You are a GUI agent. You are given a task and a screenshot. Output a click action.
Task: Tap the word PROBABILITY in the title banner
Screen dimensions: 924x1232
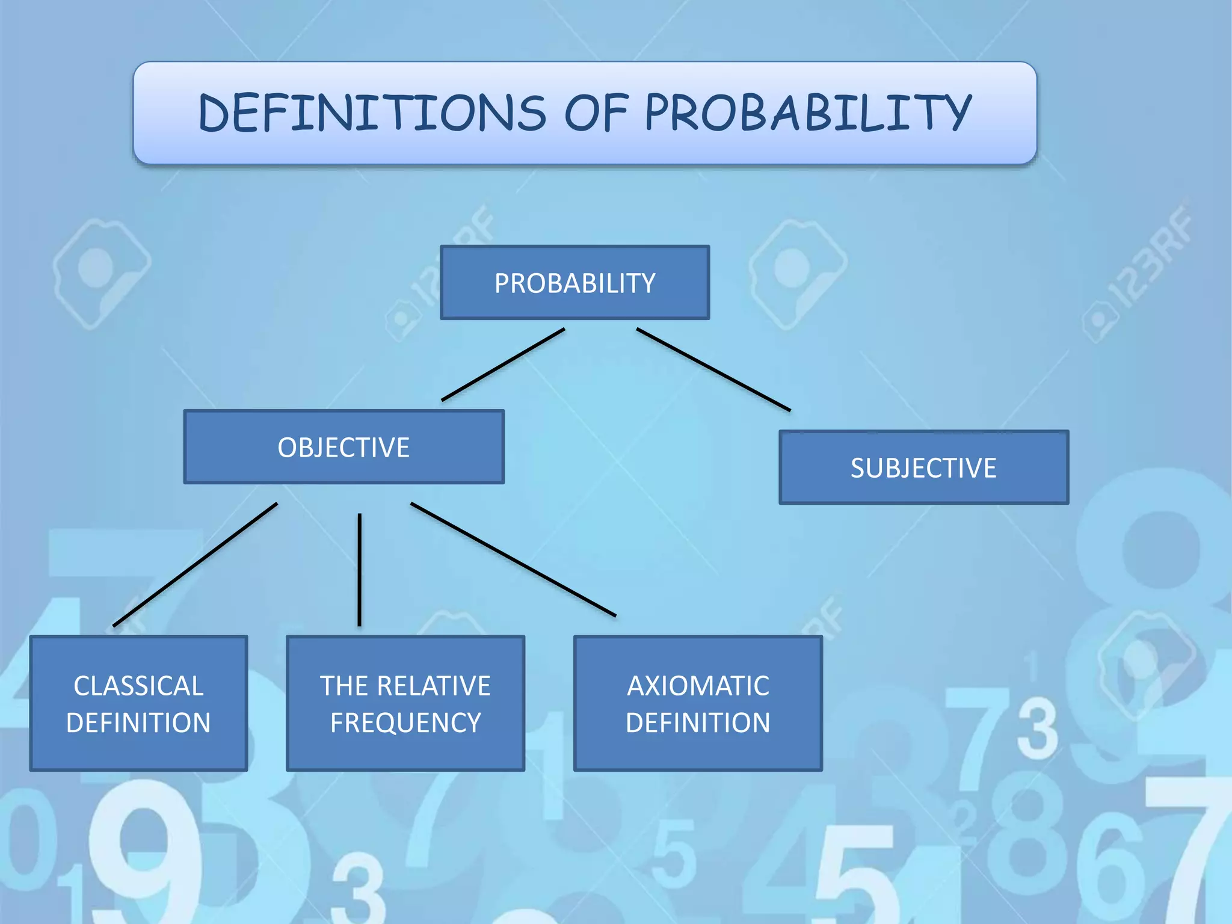(808, 113)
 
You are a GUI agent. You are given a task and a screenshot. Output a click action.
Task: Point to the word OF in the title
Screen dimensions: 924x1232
(596, 113)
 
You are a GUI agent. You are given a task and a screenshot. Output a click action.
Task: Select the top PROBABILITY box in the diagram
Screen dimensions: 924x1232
(574, 283)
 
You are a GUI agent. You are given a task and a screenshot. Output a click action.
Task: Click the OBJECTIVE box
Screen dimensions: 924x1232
(343, 447)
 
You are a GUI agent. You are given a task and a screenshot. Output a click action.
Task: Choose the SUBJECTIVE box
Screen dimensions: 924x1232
(923, 467)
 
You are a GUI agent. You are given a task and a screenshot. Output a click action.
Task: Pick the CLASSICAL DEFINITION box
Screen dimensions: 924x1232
(138, 703)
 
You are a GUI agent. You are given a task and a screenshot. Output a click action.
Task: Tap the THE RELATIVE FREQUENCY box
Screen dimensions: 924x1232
(405, 703)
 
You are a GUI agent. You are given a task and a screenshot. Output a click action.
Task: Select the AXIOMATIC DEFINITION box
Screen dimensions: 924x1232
(698, 703)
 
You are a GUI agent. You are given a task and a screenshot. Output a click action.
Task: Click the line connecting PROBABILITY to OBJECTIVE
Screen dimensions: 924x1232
(503, 365)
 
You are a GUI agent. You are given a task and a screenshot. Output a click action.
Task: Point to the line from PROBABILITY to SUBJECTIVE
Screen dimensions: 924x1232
(713, 369)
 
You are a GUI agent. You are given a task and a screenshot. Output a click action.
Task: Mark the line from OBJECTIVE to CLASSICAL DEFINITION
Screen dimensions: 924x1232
(196, 565)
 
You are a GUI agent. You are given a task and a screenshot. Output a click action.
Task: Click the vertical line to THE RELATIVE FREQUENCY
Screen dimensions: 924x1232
(360, 570)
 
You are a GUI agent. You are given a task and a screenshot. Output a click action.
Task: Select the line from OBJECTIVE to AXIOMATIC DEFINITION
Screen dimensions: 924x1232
(513, 559)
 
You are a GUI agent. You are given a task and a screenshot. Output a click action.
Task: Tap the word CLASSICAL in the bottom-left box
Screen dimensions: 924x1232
(138, 686)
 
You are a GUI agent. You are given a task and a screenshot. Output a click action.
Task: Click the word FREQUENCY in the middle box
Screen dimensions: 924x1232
(405, 722)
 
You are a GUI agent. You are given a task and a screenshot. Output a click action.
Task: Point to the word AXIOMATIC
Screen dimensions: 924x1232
(698, 686)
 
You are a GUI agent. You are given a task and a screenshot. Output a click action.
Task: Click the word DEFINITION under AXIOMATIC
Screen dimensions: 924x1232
(698, 722)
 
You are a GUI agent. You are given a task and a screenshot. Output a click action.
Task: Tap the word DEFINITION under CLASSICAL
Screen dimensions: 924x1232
(138, 722)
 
